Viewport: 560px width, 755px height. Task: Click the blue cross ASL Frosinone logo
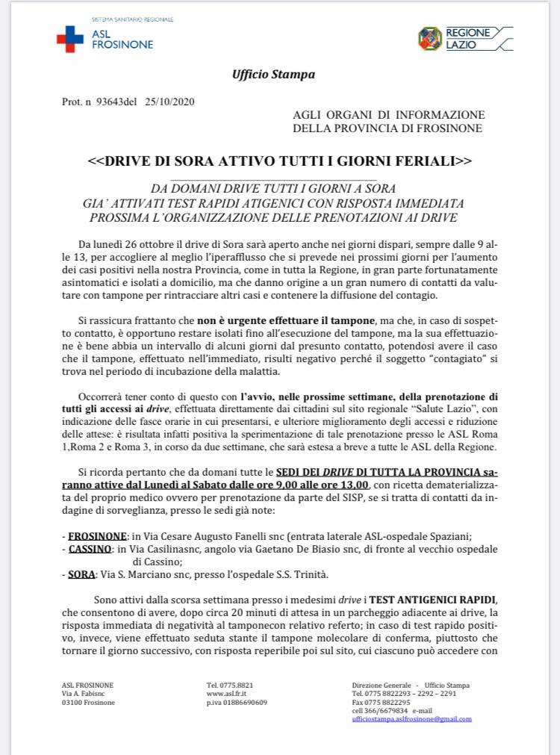70,38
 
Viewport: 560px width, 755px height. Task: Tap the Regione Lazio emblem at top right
429,38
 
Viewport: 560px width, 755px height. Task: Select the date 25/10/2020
169,102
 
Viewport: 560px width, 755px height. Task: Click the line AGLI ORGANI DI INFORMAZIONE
388,115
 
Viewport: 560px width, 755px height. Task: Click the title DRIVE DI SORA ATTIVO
279,161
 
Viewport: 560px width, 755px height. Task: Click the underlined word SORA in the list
81,574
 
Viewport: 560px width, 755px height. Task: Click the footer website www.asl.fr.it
225,695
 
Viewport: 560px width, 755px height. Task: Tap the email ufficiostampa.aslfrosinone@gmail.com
411,718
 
